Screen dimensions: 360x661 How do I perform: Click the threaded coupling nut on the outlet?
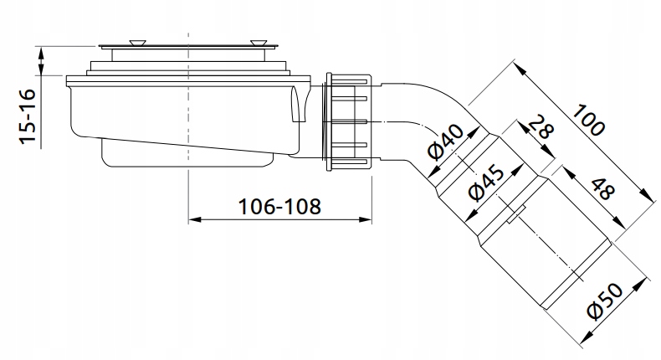346,120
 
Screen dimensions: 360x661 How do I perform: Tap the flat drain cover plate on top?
189,44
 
